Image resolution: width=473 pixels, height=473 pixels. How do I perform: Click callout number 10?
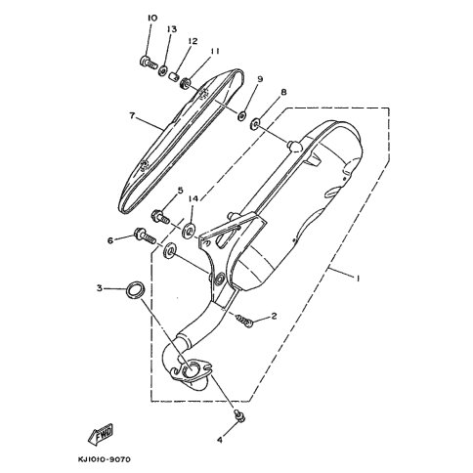152,18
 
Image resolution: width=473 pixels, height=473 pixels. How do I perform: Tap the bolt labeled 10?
148,62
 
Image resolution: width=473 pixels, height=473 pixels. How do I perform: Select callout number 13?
172,29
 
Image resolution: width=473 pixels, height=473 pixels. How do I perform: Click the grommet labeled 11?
186,84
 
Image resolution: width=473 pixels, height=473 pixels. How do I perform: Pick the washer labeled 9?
241,115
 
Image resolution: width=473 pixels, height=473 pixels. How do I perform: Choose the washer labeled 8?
254,124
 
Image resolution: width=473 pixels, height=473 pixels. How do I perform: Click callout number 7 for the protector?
132,115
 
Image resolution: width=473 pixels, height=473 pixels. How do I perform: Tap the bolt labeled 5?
160,217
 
